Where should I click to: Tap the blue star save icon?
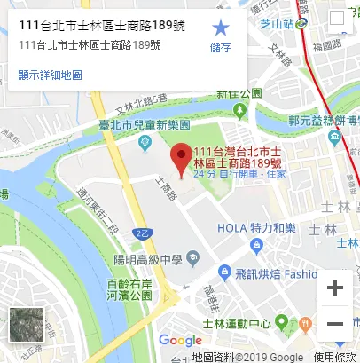[221, 28]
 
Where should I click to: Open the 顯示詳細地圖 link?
[50, 75]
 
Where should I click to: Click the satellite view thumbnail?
[27, 325]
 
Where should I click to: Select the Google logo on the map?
[181, 340]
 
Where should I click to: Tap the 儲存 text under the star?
[221, 48]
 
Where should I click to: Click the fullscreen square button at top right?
[337, 18]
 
